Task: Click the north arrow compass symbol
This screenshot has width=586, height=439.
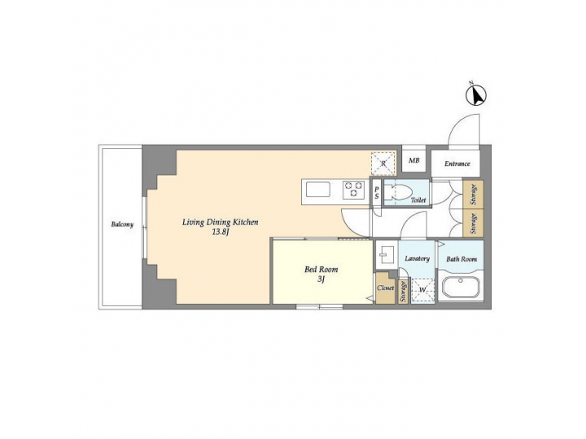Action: click(x=476, y=96)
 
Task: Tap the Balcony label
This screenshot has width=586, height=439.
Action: click(x=123, y=224)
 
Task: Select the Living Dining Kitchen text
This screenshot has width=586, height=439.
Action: click(x=220, y=221)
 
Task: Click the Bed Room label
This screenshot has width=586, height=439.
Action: click(x=321, y=269)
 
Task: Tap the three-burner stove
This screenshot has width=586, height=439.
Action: click(x=353, y=189)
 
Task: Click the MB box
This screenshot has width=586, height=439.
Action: click(x=413, y=161)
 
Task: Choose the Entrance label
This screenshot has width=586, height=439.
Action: click(x=457, y=163)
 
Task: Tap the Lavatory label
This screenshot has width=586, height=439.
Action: click(x=417, y=259)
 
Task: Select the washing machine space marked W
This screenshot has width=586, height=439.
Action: click(x=422, y=289)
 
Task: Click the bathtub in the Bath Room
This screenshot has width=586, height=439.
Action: click(x=460, y=289)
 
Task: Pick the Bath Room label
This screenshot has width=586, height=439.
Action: click(x=461, y=259)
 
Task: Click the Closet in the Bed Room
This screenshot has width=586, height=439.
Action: click(x=385, y=288)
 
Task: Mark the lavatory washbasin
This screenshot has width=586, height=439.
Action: click(x=386, y=254)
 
